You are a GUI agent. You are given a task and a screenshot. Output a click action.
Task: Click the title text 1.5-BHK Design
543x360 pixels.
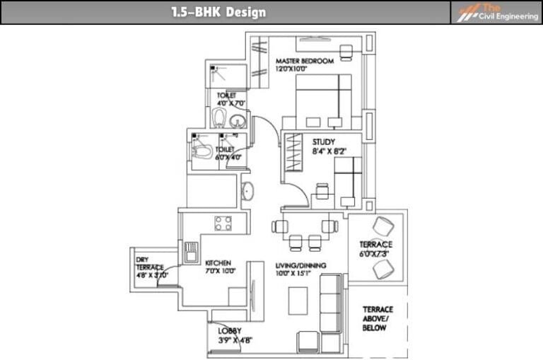[218, 12]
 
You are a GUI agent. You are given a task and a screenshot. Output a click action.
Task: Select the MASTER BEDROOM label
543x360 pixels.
[304, 62]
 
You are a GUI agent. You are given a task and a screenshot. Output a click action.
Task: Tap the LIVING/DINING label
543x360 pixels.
[300, 265]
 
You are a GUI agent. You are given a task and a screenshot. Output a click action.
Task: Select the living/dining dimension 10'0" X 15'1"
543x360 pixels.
[300, 273]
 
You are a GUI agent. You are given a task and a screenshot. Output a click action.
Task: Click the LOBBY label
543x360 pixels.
[230, 330]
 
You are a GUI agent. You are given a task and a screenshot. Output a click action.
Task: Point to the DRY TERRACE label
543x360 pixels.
[149, 263]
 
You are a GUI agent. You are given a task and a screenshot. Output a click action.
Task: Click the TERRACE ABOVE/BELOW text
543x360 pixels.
[378, 319]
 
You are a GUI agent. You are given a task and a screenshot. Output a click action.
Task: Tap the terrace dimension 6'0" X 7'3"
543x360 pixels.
[375, 253]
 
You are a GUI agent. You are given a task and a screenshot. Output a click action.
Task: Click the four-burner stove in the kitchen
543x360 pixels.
[224, 223]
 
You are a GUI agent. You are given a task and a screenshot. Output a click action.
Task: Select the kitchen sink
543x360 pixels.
[191, 252]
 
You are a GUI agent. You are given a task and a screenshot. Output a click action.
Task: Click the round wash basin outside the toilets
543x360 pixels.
[248, 191]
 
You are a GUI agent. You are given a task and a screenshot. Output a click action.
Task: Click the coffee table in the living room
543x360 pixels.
[297, 301]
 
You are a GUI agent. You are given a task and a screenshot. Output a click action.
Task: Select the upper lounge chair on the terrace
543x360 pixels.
[385, 227]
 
